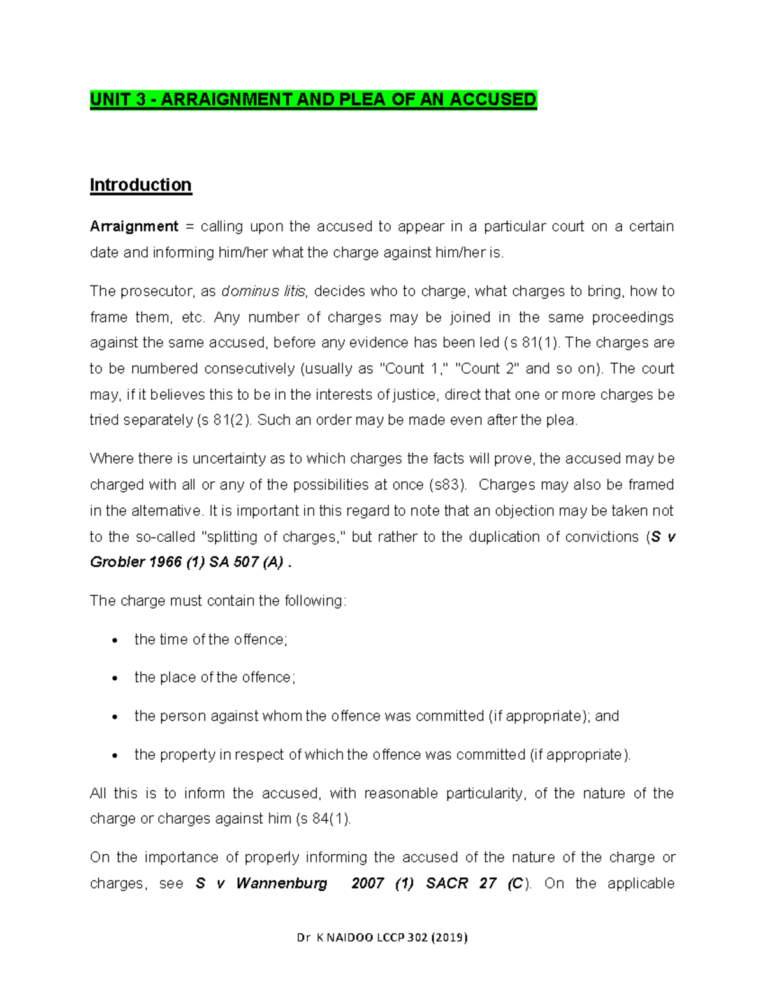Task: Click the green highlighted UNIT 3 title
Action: click(x=313, y=100)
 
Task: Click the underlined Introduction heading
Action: click(x=140, y=185)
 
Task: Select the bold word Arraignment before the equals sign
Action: click(x=134, y=226)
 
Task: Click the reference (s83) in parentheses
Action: click(x=446, y=484)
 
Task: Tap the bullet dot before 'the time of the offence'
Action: click(x=115, y=641)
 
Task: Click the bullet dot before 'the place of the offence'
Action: click(x=115, y=679)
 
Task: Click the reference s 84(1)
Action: click(x=324, y=819)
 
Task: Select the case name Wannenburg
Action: click(x=281, y=884)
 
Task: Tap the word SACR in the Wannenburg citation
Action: click(x=446, y=884)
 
